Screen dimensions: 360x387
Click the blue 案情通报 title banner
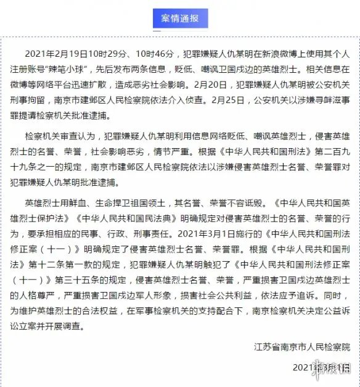[x=179, y=19]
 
